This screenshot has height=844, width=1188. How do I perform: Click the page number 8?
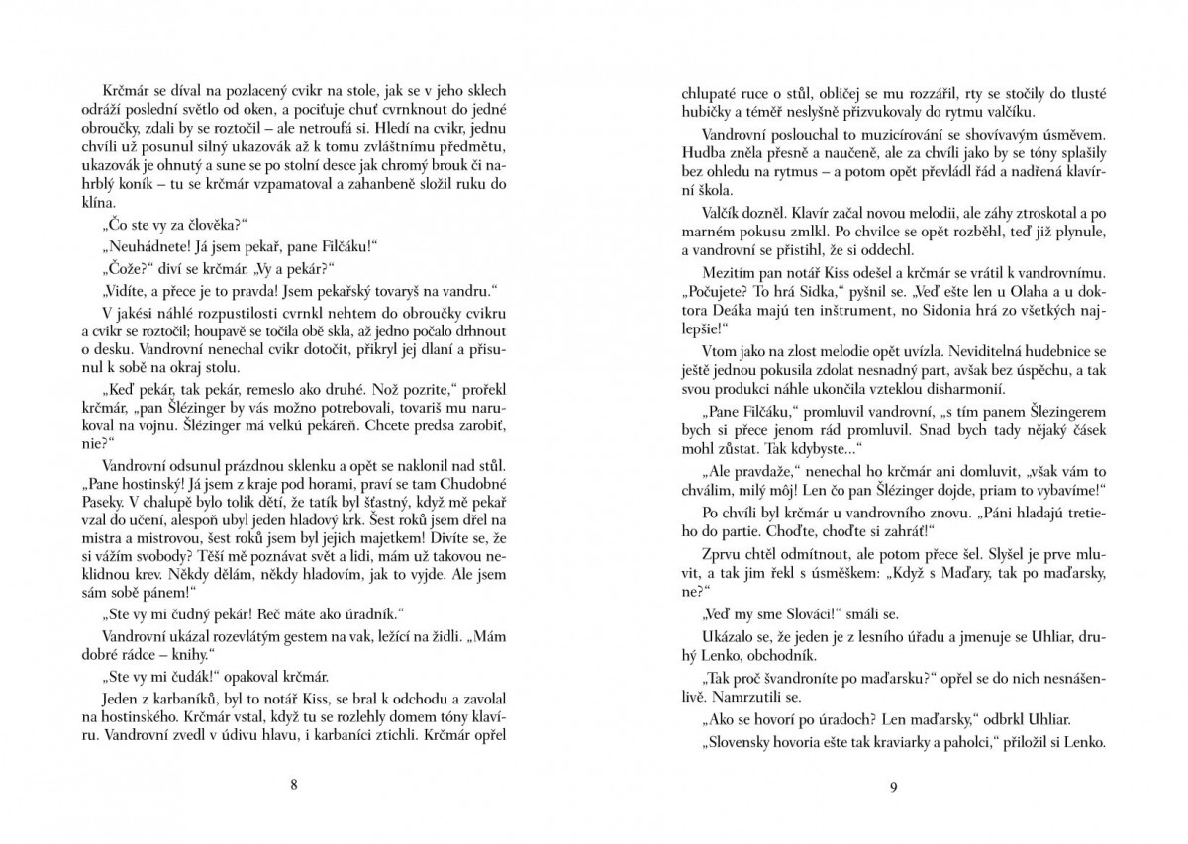tap(294, 786)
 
